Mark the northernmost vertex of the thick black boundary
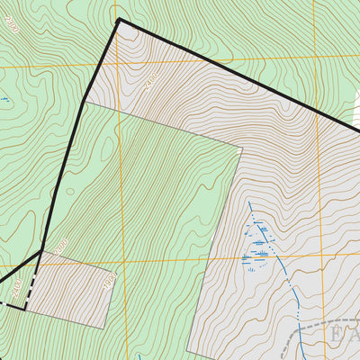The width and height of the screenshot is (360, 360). (x=119, y=19)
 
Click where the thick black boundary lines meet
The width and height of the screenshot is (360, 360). (x=42, y=250)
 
